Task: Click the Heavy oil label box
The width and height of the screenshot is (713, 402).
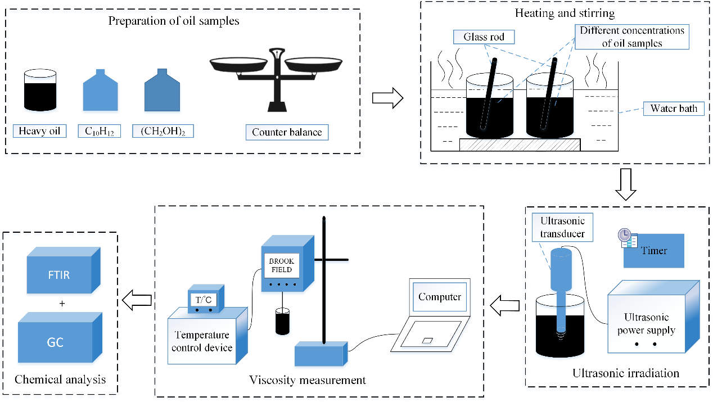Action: point(39,132)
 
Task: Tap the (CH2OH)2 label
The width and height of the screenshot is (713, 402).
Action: point(163,132)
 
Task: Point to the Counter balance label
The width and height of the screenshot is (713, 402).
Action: point(287,133)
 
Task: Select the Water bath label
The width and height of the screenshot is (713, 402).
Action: point(673,109)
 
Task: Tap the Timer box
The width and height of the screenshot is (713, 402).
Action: point(654,251)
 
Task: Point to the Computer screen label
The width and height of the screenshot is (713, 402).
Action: point(439,297)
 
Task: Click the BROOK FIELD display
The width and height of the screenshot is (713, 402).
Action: point(281,265)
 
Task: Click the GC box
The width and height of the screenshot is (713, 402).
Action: point(55,341)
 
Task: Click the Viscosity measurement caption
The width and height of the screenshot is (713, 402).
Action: point(307,381)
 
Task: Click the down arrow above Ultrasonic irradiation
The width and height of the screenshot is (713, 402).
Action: point(625,185)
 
